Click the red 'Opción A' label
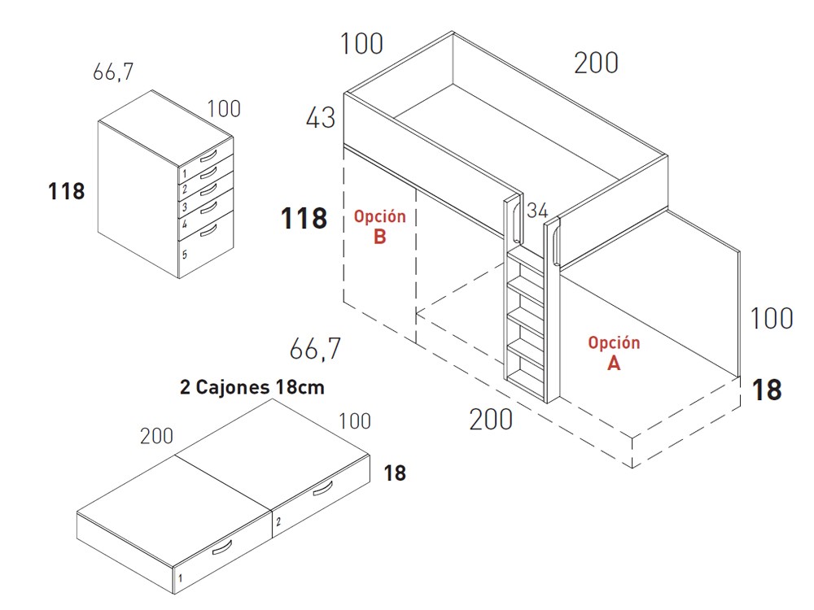coord(614,353)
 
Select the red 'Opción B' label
coord(380,227)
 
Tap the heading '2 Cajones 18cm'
coord(252,387)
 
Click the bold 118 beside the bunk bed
coord(304,218)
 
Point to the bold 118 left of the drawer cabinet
coord(67,191)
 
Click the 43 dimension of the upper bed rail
coord(321,118)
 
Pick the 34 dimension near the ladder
coord(537,210)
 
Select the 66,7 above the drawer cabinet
coord(113,72)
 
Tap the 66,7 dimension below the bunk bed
coord(315,349)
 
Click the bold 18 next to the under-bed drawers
coord(395,473)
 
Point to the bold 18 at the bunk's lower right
coord(767,390)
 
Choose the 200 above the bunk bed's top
coord(596,63)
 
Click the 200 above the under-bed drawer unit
coord(156,436)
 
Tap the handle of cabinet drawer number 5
coord(208,231)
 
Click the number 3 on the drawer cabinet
coord(184,207)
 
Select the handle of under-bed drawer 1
coord(222,547)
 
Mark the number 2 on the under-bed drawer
coord(278,521)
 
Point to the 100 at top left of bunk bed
coord(362,44)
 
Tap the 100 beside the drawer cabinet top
coord(224,109)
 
